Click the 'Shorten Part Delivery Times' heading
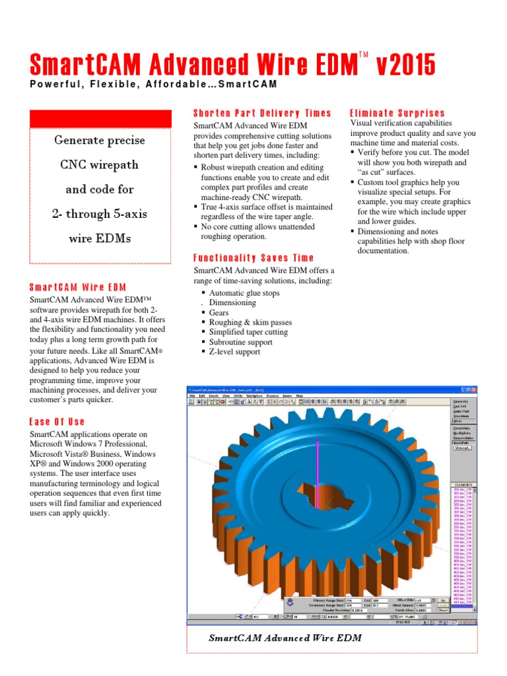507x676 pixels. (x=262, y=113)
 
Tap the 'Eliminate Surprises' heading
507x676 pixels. (x=397, y=113)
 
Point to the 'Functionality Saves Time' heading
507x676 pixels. (x=253, y=257)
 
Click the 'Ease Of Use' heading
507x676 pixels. (x=57, y=421)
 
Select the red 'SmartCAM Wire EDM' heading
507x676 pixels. (x=78, y=287)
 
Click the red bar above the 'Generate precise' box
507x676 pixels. (x=101, y=119)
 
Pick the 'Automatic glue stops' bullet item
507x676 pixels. (x=244, y=293)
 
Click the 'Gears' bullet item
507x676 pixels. (x=219, y=313)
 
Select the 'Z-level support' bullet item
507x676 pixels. (x=234, y=352)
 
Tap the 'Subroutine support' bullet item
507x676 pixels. (x=242, y=342)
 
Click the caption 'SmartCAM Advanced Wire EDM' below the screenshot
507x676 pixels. (x=285, y=638)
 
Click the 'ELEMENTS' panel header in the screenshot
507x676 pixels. (x=462, y=483)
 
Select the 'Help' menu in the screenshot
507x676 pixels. (x=299, y=395)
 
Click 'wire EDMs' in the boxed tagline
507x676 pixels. (x=100, y=238)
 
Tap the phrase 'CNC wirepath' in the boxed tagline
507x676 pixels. (x=100, y=164)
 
